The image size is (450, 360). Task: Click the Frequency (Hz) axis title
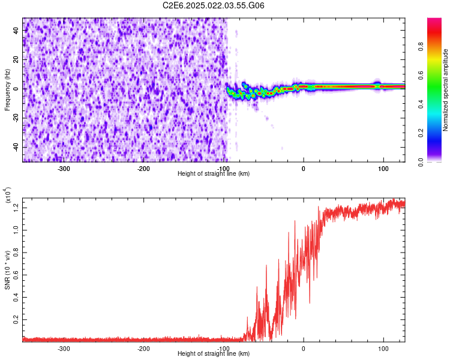coord(7,89)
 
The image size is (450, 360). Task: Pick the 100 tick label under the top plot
coord(383,167)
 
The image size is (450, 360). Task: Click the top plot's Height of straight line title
coord(214,173)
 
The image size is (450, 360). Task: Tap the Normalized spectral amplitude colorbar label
coord(445,91)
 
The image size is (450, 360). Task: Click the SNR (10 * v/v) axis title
coord(7,268)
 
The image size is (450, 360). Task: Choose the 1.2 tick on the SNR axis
coord(16,207)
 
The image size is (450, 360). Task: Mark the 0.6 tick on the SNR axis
coord(16,274)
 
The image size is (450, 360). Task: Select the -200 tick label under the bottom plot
coord(143,347)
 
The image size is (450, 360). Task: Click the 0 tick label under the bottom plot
coord(304,347)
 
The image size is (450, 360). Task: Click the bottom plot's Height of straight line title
coord(214,353)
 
